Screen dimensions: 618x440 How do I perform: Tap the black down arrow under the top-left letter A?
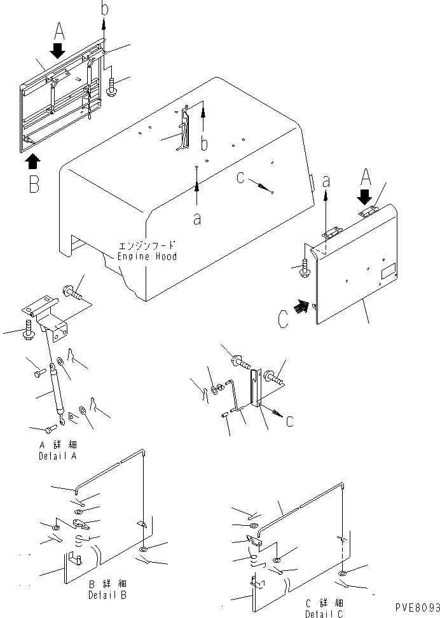pos(58,50)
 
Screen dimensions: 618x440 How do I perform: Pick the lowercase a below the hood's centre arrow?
pos(196,218)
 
